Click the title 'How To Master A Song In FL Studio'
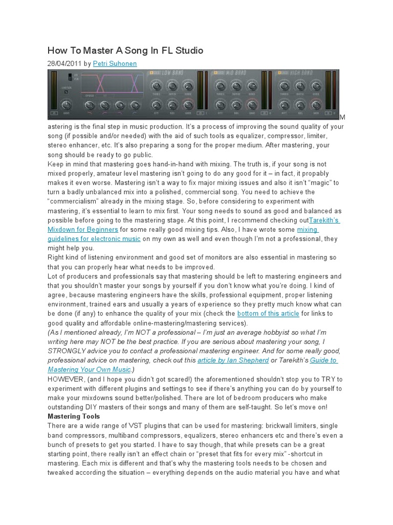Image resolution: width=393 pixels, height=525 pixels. pyautogui.click(x=125, y=50)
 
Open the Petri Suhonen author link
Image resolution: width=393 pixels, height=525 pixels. pyautogui.click(x=115, y=64)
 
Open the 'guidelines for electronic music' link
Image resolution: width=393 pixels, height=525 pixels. pyautogui.click(x=94, y=239)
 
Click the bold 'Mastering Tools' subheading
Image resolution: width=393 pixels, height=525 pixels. pyautogui.click(x=74, y=416)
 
